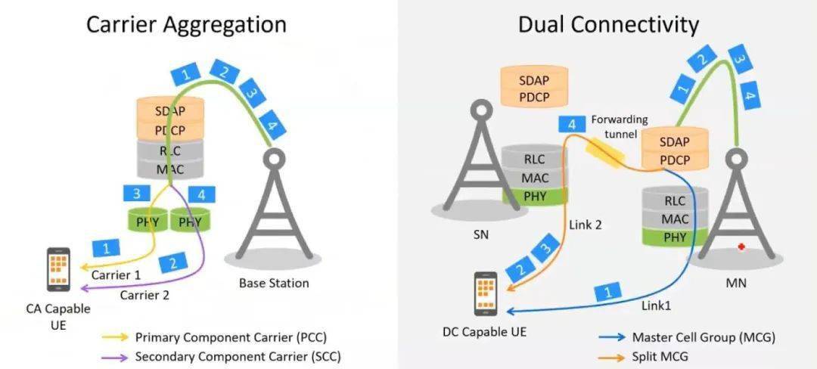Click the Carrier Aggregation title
click(186, 24)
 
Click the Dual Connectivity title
click(607, 24)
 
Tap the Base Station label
click(274, 284)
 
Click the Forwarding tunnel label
click(620, 126)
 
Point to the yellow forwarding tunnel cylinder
click(604, 153)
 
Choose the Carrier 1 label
click(116, 275)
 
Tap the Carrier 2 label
click(144, 295)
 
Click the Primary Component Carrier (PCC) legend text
click(231, 337)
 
